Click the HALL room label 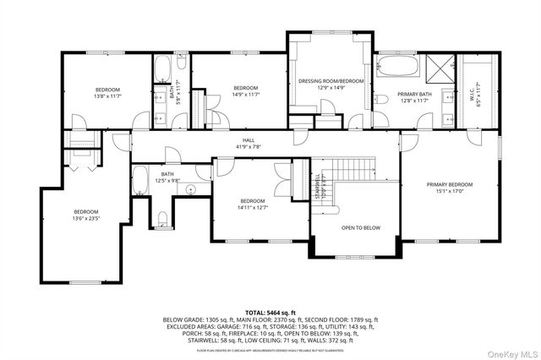coord(249,141)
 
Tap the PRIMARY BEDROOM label coord(449,184)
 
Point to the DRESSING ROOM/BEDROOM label coord(331,81)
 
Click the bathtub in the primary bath coord(402,64)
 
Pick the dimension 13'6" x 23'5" coord(85,218)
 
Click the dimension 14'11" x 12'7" coord(251,207)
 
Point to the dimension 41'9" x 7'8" coord(249,147)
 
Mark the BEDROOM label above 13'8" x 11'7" coord(107,90)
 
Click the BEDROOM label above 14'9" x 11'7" coord(245,88)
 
